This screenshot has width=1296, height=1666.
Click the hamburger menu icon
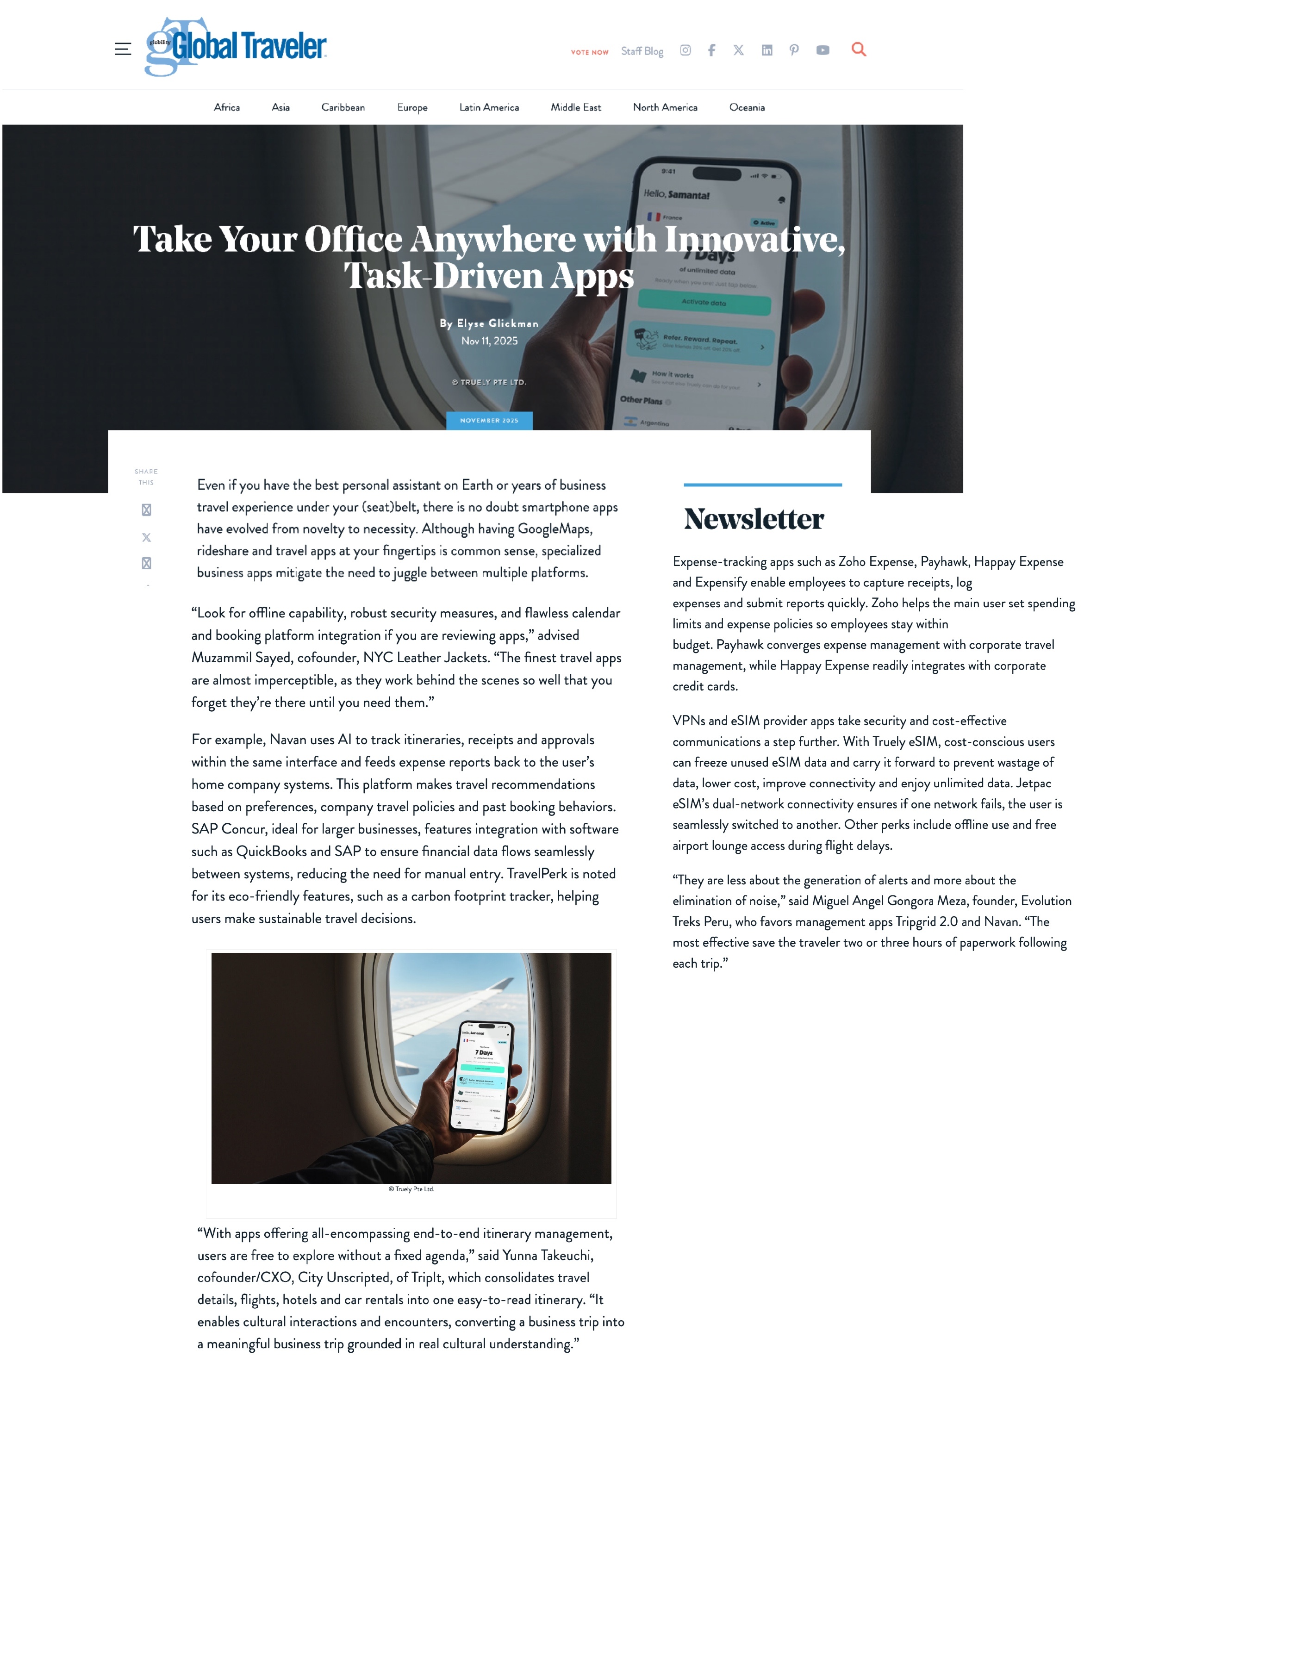click(123, 49)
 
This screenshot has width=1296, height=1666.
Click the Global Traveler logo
click(237, 47)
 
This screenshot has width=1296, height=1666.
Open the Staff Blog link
click(642, 51)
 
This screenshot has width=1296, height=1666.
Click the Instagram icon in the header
click(685, 50)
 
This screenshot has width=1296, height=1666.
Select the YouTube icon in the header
click(822, 50)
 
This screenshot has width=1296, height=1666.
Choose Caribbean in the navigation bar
click(343, 107)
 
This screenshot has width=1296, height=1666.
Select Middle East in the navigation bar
click(575, 107)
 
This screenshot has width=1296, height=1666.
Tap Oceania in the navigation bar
click(746, 107)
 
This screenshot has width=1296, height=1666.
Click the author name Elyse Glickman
click(498, 323)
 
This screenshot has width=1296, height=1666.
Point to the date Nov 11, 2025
click(489, 341)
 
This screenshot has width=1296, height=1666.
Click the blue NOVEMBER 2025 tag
click(489, 420)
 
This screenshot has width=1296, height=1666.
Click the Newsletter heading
click(754, 519)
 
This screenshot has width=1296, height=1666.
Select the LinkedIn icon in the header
click(766, 50)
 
